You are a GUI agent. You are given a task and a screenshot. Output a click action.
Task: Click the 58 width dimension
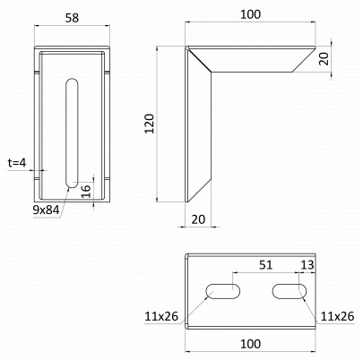point(72,18)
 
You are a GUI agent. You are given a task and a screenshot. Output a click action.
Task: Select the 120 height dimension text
point(150,124)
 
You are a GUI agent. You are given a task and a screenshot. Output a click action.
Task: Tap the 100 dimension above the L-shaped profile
point(250,14)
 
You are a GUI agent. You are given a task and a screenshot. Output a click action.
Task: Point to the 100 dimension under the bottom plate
point(250,344)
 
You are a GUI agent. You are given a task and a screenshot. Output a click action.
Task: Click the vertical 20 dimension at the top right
point(324,58)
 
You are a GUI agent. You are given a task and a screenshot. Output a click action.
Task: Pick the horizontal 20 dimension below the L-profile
point(198,219)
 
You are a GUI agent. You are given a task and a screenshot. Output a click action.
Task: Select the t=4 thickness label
point(17,163)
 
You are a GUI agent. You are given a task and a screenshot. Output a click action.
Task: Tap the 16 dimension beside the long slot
point(86,191)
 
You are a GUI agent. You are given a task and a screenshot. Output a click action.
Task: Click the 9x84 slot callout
point(46,210)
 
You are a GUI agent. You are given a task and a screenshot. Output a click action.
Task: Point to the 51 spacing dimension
point(265,265)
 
